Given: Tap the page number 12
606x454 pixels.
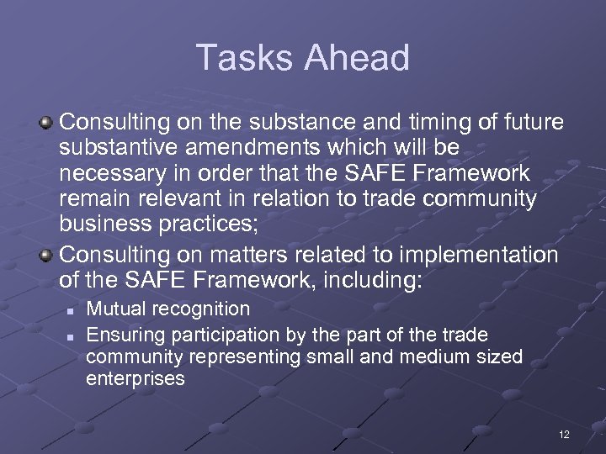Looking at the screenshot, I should [x=563, y=435].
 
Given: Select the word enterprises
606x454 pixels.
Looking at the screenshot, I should [x=135, y=379].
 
